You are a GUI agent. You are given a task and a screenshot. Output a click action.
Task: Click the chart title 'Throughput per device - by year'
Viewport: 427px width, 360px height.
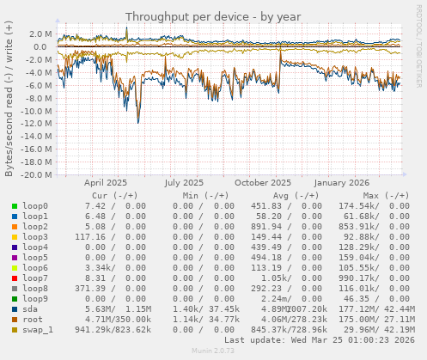(x=213, y=16)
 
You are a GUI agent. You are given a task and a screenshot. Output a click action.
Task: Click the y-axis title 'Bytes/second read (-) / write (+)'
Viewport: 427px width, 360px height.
(x=9, y=101)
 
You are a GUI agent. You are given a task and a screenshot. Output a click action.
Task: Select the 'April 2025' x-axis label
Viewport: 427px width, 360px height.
(x=106, y=183)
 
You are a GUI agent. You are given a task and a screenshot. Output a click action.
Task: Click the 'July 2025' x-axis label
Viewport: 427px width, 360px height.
(x=184, y=183)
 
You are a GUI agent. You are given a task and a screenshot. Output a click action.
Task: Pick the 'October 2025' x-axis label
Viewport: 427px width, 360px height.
(x=263, y=183)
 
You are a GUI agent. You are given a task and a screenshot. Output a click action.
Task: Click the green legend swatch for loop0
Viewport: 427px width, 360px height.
(x=15, y=206)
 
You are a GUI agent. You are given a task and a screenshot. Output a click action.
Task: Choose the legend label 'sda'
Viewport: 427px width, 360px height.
(x=31, y=308)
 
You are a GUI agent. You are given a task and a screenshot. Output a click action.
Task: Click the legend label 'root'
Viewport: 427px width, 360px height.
(x=34, y=319)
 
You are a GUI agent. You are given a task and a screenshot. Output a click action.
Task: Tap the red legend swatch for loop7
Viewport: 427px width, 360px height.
(x=15, y=278)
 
